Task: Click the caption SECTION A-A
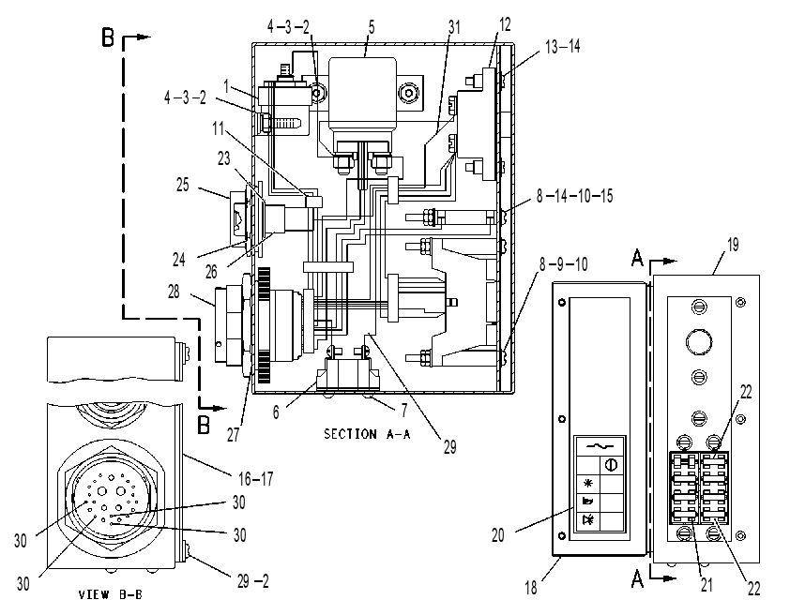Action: click(367, 434)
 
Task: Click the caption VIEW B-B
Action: click(111, 595)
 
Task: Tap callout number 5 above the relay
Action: click(372, 26)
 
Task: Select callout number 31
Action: click(454, 27)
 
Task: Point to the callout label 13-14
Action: click(563, 46)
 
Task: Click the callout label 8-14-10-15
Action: click(575, 195)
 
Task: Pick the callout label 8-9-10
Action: click(563, 264)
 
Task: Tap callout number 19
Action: click(733, 245)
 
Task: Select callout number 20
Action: click(498, 535)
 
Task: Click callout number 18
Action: click(531, 587)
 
